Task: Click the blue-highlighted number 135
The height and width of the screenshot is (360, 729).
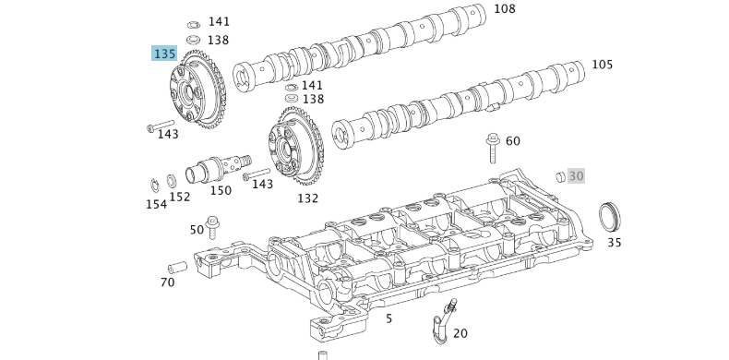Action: pyautogui.click(x=164, y=54)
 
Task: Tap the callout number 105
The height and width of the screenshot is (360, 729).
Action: pyautogui.click(x=602, y=65)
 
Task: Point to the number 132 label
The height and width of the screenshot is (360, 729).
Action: pyautogui.click(x=307, y=198)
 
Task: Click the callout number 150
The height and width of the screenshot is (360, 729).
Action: pyautogui.click(x=221, y=190)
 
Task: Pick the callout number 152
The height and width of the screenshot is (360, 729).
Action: pyautogui.click(x=179, y=197)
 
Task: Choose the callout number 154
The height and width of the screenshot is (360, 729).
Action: pyautogui.click(x=156, y=204)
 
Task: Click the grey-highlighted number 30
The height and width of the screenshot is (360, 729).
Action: pyautogui.click(x=576, y=175)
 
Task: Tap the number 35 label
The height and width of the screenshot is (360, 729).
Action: pyautogui.click(x=614, y=243)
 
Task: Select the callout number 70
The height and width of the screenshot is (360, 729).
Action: pyautogui.click(x=167, y=282)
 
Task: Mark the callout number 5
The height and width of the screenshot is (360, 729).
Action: pyautogui.click(x=388, y=318)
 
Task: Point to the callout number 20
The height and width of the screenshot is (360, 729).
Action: pyautogui.click(x=460, y=333)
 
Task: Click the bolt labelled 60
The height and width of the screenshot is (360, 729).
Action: pyautogui.click(x=491, y=150)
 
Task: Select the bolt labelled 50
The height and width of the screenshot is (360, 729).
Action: pyautogui.click(x=214, y=227)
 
